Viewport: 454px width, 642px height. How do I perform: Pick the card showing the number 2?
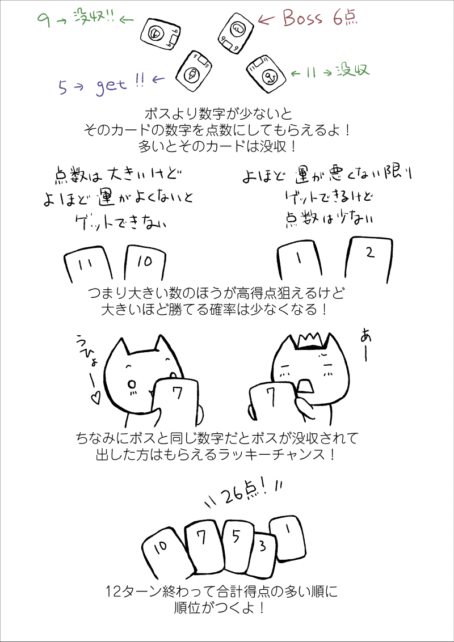coord(369,260)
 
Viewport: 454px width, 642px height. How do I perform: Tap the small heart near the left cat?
coord(96,396)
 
